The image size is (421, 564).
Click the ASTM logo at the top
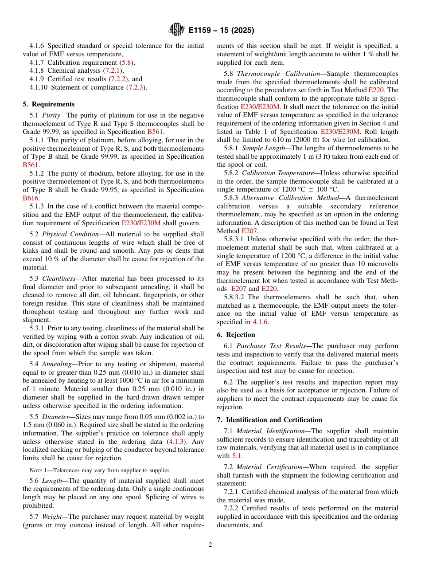[x=176, y=30]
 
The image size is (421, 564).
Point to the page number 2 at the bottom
[x=210, y=545]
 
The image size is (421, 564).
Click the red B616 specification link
[x=31, y=198]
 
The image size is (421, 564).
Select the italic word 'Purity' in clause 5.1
[x=51, y=115]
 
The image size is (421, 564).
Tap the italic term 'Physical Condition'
[x=67, y=234]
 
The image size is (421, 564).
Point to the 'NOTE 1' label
[x=39, y=470]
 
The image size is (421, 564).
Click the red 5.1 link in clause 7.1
[x=237, y=455]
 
